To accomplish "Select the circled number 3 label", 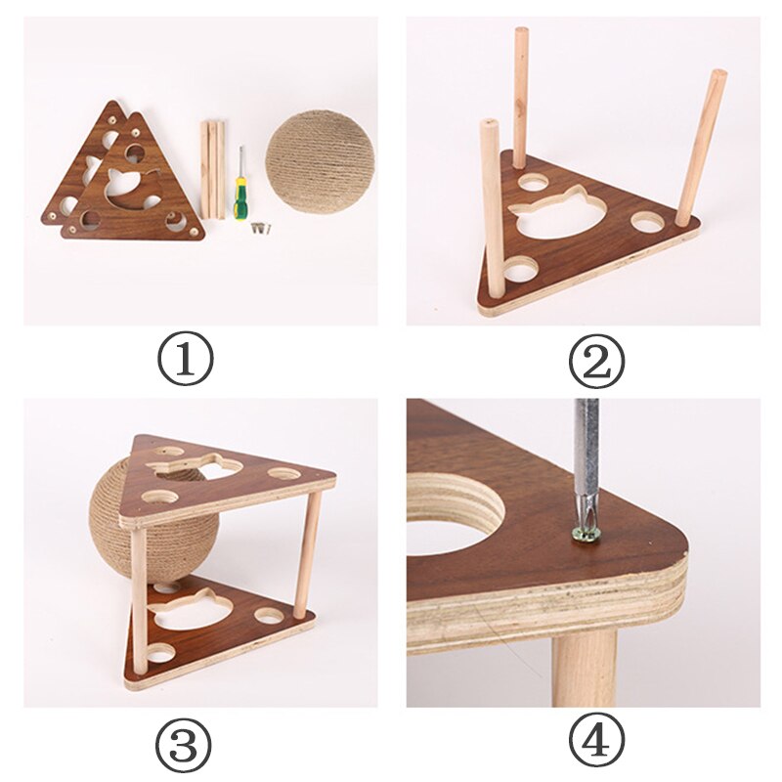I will [x=185, y=747].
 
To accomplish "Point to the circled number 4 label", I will [x=596, y=747].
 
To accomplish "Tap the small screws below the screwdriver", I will [x=259, y=229].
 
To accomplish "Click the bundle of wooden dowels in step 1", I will [x=213, y=168].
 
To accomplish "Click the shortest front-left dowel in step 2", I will [x=492, y=215].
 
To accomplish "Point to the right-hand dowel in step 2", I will [x=702, y=147].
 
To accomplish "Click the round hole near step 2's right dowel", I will [x=647, y=221].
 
